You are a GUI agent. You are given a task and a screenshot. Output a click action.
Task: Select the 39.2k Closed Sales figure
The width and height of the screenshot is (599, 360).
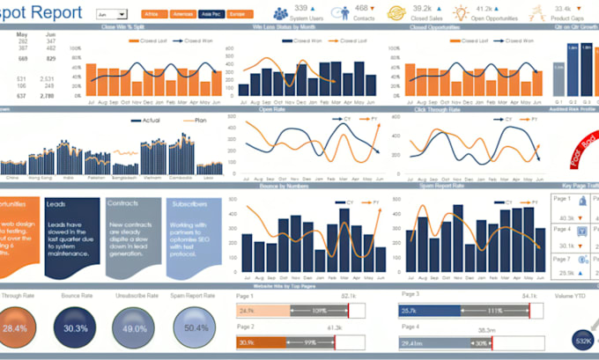422,8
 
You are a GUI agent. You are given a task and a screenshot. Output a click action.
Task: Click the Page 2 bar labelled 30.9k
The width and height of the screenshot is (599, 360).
262,342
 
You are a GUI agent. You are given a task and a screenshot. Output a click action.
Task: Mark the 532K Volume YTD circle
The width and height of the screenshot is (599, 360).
582,340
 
